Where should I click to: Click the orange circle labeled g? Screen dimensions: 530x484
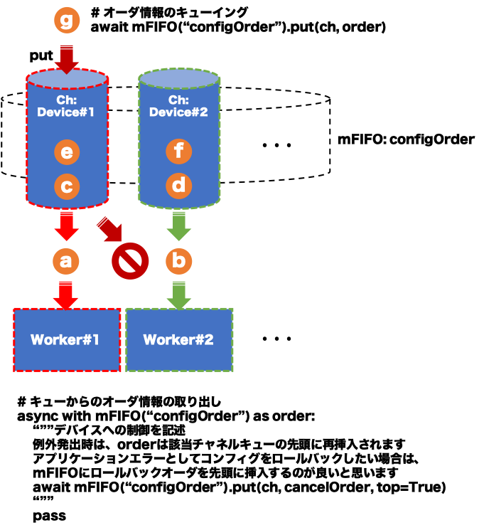coord(67,21)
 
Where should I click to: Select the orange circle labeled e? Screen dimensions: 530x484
coord(67,152)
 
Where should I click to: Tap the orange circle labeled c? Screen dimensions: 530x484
coord(67,186)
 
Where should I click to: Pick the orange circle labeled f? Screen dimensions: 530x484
coord(179,152)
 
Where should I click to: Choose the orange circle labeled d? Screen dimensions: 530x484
coord(179,186)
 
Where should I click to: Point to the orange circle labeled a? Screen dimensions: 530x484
coord(66,261)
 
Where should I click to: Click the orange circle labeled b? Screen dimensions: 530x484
coord(179,261)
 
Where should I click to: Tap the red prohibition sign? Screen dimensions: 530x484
coord(130,261)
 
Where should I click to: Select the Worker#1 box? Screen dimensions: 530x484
coord(67,340)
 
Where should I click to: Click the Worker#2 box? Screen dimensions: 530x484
coord(179,340)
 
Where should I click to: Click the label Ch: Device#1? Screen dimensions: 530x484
coord(66,106)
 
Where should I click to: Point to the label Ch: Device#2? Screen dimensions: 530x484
coord(178,106)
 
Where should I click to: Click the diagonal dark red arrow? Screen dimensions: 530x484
coord(110,230)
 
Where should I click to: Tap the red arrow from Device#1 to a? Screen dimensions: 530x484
coord(66,226)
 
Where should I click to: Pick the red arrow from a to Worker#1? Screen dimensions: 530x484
coord(66,295)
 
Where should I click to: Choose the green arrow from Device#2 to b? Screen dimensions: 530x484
coord(179,226)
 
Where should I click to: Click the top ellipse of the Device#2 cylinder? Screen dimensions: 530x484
coord(179,78)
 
